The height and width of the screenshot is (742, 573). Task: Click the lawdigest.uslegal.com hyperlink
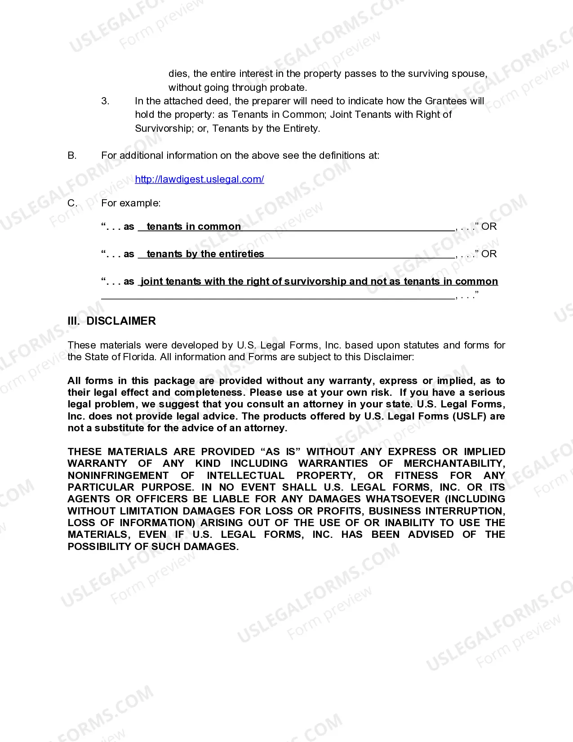click(199, 179)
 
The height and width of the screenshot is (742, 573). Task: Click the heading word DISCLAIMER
click(121, 321)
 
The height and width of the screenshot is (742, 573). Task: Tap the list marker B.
click(72, 156)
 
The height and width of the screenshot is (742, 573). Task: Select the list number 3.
click(105, 101)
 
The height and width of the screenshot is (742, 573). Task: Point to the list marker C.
click(72, 203)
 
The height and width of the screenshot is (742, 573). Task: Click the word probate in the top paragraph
click(288, 88)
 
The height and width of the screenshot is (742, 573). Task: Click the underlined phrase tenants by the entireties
click(205, 254)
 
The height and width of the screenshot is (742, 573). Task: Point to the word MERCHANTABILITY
click(454, 464)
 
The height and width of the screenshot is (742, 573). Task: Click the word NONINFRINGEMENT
click(118, 476)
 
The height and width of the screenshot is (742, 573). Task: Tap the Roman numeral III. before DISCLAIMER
click(73, 321)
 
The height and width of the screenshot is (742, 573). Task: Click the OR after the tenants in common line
click(489, 227)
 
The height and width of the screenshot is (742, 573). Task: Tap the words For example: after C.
click(131, 203)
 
